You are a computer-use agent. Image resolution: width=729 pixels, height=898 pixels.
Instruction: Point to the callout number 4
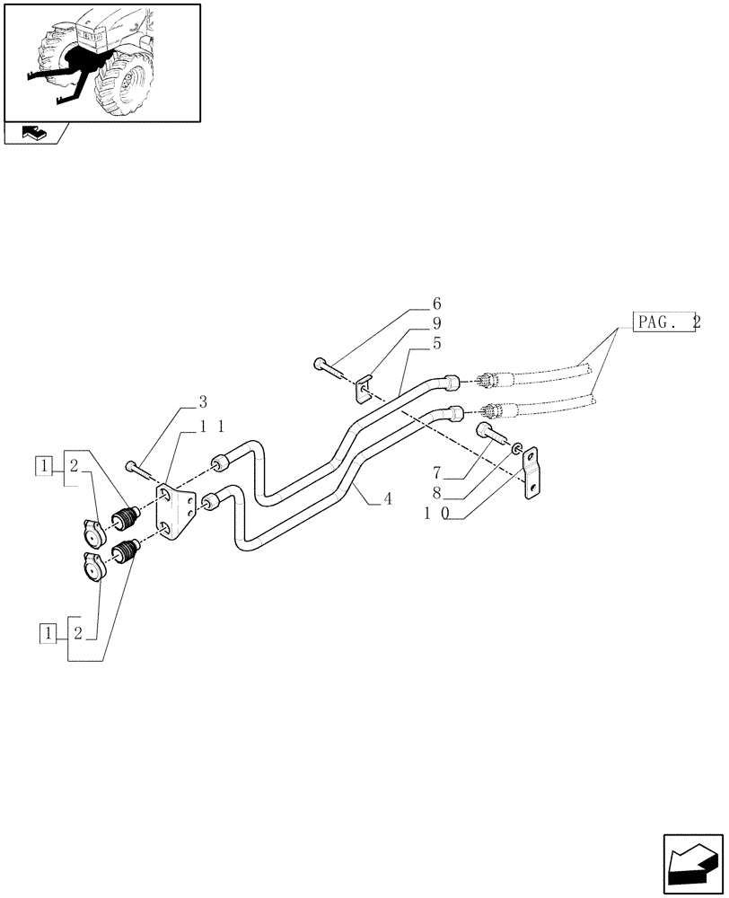click(387, 498)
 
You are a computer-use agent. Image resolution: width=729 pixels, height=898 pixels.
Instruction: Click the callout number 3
click(203, 401)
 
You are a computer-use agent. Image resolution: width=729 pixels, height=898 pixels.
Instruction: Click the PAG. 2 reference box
click(665, 321)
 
